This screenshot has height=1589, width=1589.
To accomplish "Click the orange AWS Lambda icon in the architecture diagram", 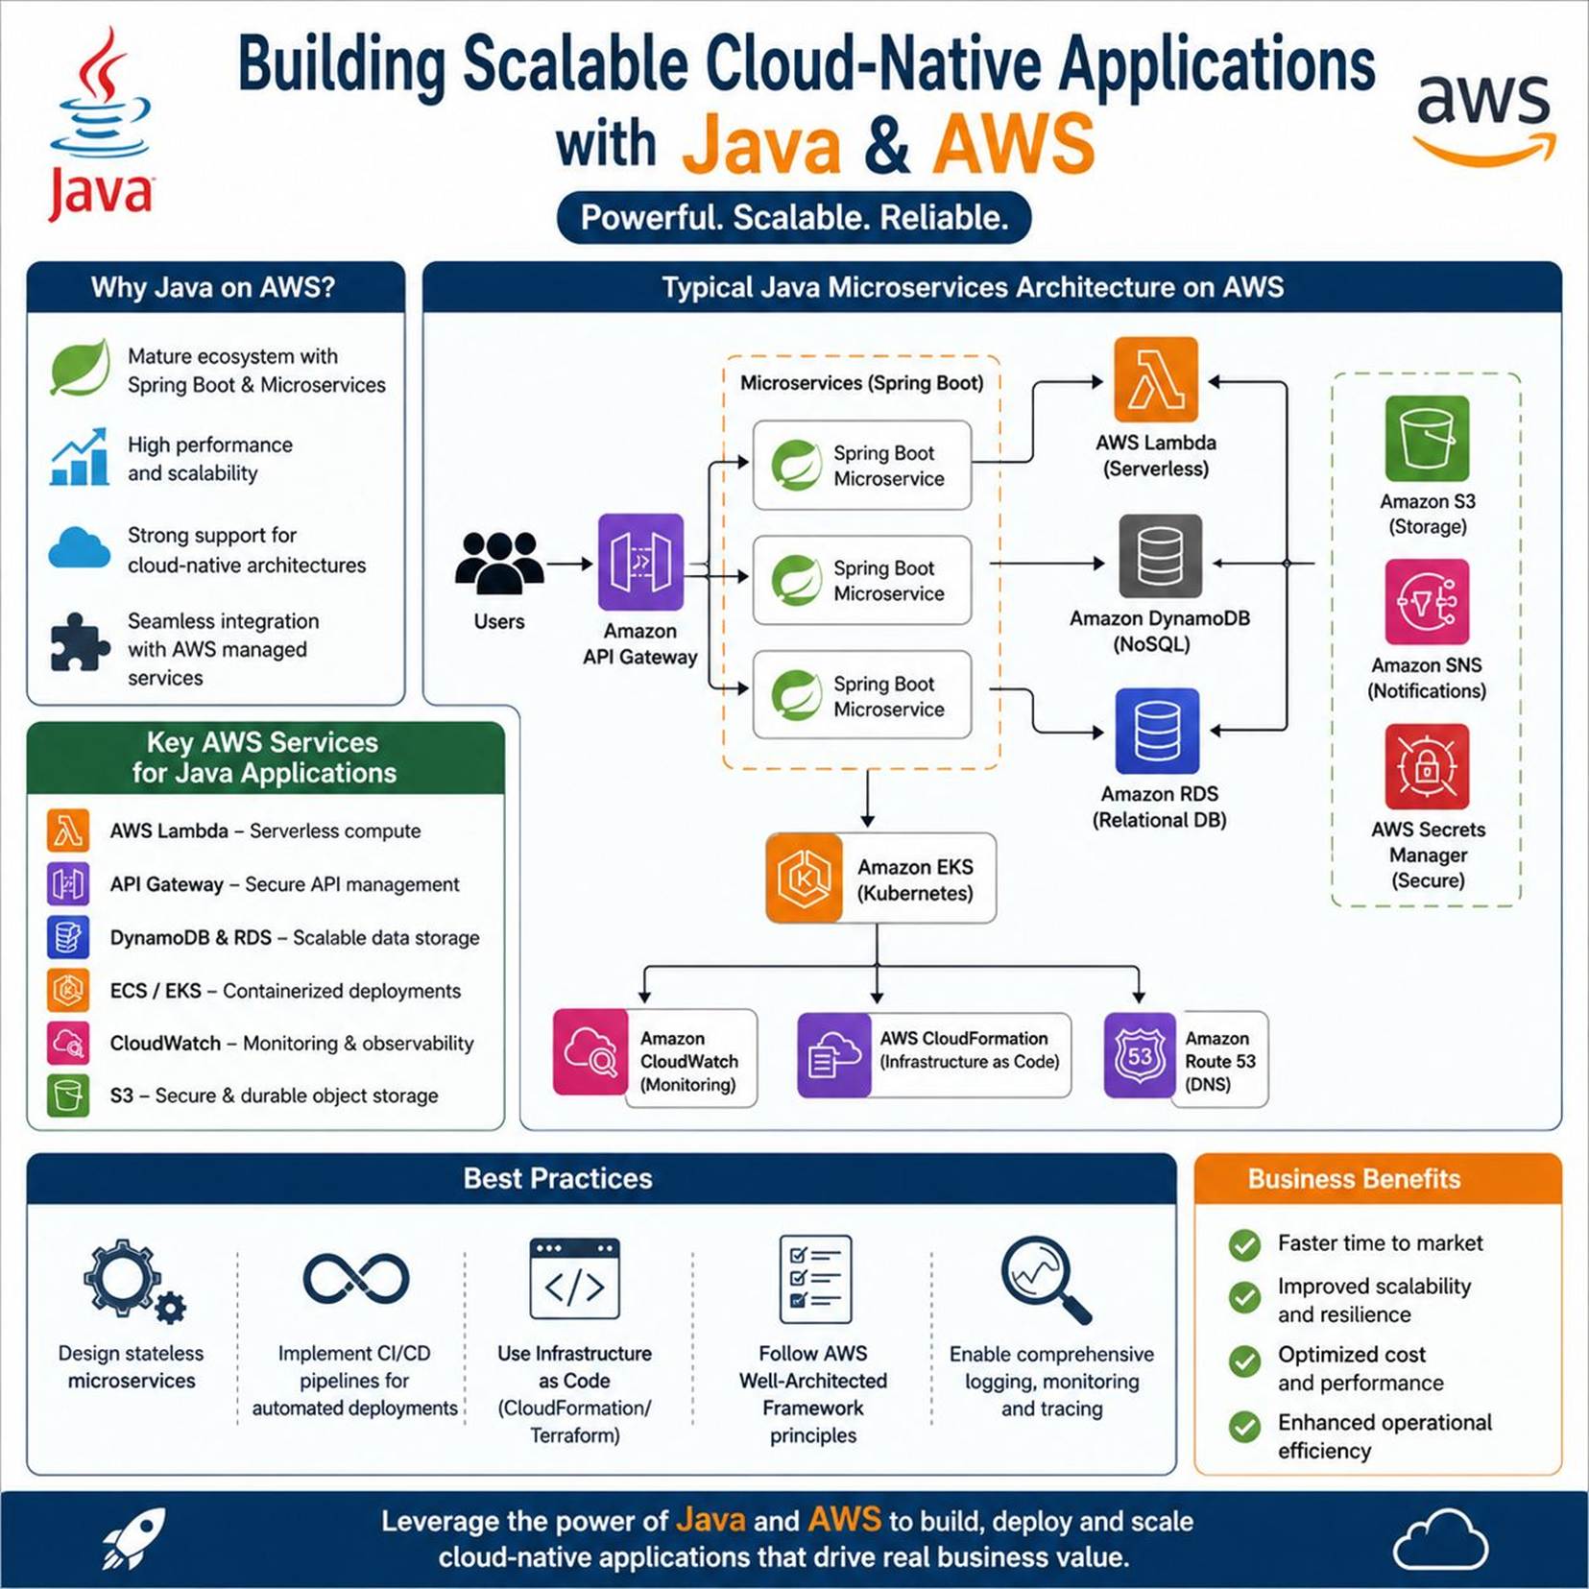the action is pos(1156,380).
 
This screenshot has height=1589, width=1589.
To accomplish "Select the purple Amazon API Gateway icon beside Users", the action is pos(640,562).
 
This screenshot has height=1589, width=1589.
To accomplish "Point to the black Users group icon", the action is pos(499,564).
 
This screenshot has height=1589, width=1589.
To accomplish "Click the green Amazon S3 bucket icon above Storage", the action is pos(1427,438).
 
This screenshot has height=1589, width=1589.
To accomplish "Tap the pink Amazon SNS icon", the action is pos(1427,602).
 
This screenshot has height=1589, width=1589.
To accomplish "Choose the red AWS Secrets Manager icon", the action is pos(1427,766).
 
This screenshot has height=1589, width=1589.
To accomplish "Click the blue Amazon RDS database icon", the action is pos(1157,731).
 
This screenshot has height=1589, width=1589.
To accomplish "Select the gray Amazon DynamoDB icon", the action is pos(1160,556).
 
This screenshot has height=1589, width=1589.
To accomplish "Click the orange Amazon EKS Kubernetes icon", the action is pos(805,878).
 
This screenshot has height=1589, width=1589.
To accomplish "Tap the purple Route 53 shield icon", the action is pos(1140,1055).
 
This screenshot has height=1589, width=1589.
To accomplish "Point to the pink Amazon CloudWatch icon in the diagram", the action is pos(590,1051).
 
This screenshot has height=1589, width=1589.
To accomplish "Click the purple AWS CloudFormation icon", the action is pos(834,1055).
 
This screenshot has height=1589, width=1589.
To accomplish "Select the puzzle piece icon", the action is pos(79,641).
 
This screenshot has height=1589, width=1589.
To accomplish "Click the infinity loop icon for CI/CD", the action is pos(356,1279).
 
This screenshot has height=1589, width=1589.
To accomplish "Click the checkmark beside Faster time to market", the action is pos(1245,1245).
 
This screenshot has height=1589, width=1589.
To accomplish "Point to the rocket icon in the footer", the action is pos(133,1538).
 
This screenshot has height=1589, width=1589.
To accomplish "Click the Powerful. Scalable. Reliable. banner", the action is pos(794,218).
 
